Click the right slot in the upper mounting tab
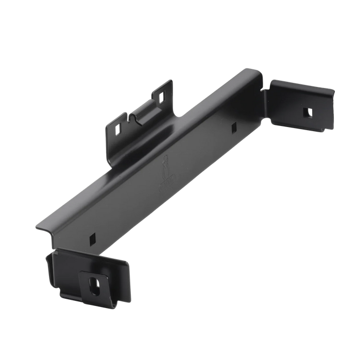(x=163, y=96)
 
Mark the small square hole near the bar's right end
(x=234, y=126)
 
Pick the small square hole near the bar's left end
(x=93, y=237)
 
